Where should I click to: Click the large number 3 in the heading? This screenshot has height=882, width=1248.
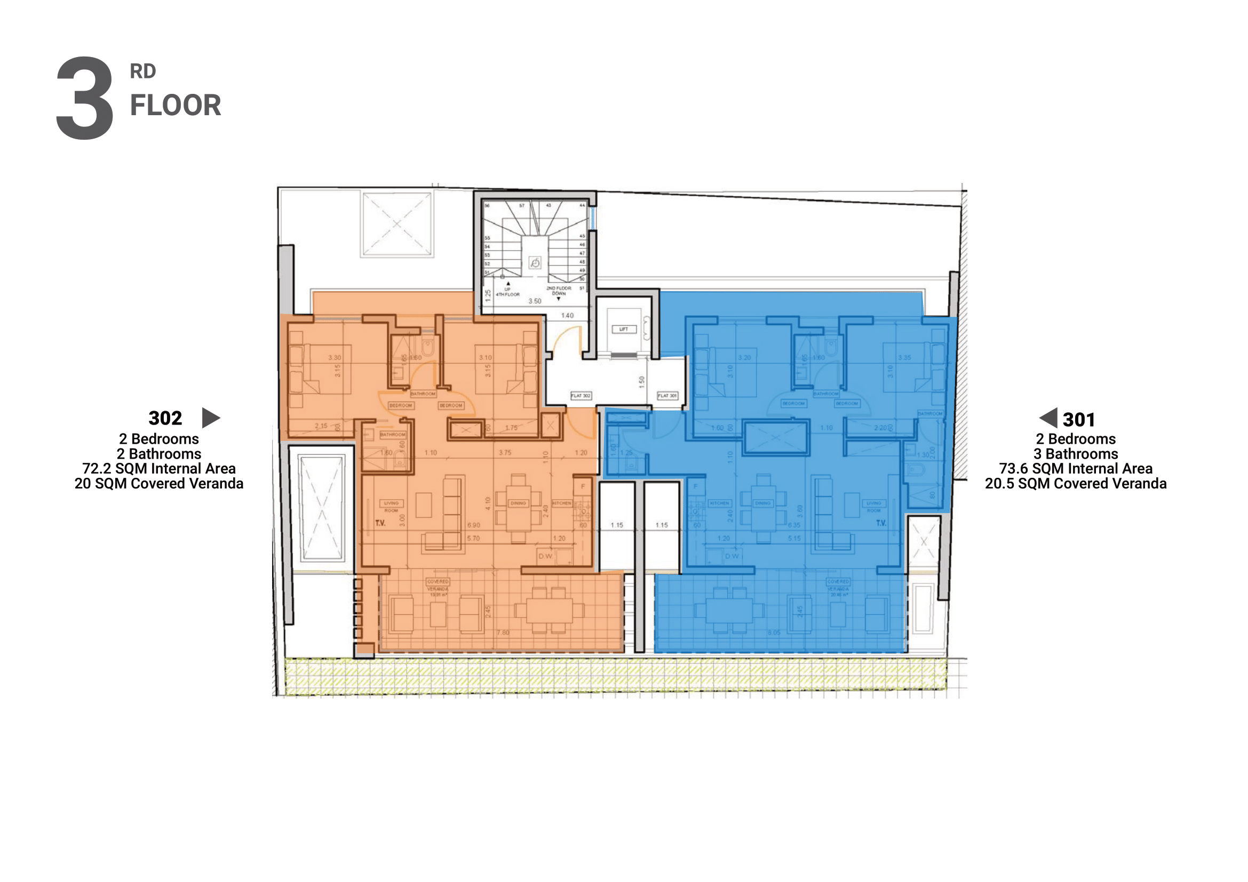pos(85,98)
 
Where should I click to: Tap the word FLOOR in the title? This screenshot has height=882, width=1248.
pos(175,106)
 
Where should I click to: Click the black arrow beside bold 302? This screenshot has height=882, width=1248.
pos(210,418)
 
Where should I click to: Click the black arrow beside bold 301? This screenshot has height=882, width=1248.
pos(1048,418)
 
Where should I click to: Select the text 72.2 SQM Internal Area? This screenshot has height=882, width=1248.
pos(158,469)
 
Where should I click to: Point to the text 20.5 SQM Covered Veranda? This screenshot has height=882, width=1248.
pos(1075,484)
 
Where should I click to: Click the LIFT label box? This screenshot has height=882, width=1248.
pos(623,329)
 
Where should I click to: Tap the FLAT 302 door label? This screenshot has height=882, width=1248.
pos(581,396)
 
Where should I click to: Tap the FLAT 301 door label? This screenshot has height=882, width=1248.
pos(667,396)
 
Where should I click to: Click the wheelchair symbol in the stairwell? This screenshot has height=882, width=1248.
pos(535,263)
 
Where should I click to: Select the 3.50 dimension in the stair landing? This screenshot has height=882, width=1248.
pos(535,301)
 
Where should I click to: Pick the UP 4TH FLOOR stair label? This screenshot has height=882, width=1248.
pos(507,292)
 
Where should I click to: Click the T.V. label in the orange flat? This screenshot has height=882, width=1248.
pos(380,524)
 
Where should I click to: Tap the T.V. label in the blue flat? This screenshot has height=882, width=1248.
pos(880,524)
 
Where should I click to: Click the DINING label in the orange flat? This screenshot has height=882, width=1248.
pos(518,503)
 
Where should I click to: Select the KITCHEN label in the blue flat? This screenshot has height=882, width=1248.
pos(719,503)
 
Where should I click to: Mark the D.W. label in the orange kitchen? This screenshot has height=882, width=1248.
pos(545,557)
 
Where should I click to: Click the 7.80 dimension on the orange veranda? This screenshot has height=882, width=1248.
pos(503,633)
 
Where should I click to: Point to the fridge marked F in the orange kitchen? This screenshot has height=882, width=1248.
pos(583,487)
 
